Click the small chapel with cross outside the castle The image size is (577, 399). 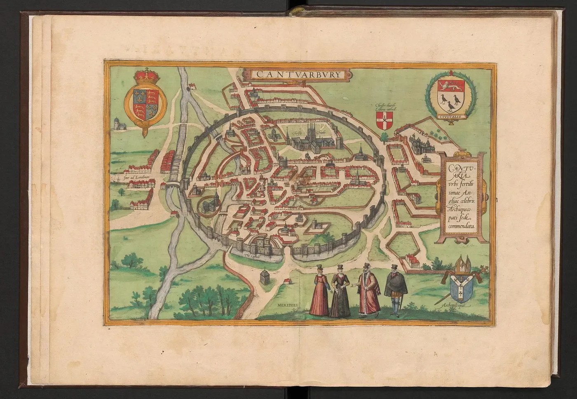[x=263, y=276]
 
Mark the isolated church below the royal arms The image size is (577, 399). [x=119, y=124]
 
